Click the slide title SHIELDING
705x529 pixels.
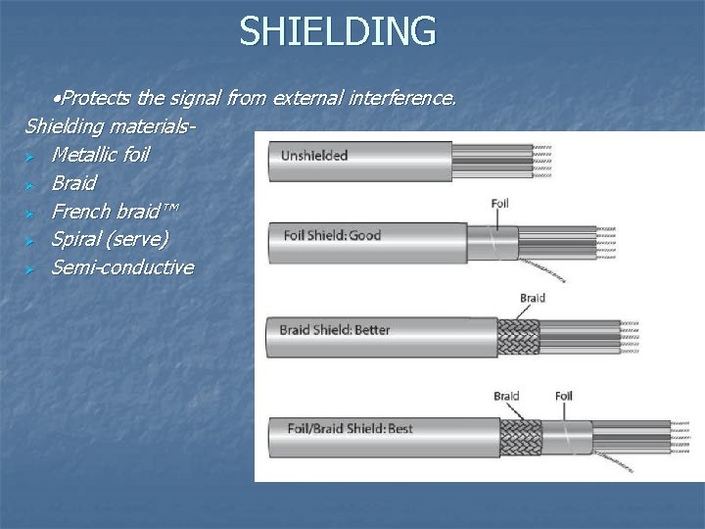click(338, 30)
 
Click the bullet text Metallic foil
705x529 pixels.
click(100, 155)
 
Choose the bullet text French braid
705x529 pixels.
click(111, 212)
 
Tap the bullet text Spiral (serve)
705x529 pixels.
click(110, 239)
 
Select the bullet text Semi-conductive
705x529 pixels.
click(122, 267)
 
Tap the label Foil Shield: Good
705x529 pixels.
click(332, 235)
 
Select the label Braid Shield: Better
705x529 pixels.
click(335, 329)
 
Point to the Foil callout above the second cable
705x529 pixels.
click(499, 203)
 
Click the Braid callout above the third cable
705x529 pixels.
click(533, 297)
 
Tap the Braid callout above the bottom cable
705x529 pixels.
click(506, 396)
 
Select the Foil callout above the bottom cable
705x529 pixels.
click(563, 396)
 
